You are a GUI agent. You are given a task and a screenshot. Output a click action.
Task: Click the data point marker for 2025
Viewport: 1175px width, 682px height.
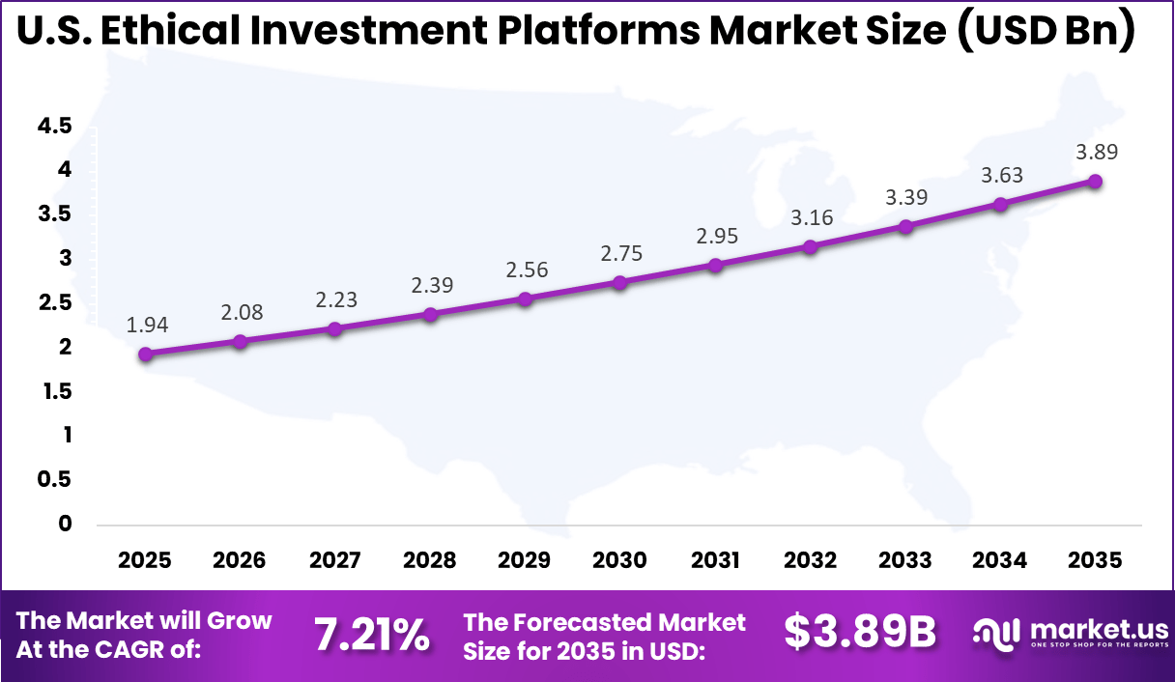[x=145, y=355]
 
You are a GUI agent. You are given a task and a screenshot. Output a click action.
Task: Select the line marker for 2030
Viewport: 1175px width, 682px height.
[x=620, y=282]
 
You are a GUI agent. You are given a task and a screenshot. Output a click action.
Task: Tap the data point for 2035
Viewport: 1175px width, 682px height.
[x=1096, y=182]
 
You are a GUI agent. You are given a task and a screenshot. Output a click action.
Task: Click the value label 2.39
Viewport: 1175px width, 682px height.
[x=432, y=285]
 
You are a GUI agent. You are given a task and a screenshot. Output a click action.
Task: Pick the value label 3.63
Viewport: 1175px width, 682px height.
[x=1002, y=175]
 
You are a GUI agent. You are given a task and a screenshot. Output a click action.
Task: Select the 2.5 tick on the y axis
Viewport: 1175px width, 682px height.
[x=55, y=302]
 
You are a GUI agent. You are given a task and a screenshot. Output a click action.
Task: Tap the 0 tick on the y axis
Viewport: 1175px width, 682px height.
[x=66, y=524]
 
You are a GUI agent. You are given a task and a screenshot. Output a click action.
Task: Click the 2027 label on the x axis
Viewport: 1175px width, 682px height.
[x=335, y=560]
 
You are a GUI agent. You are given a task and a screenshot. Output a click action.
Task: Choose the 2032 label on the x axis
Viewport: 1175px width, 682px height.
[x=811, y=560]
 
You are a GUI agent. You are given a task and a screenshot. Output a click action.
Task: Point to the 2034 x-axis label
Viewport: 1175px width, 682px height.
[x=1001, y=560]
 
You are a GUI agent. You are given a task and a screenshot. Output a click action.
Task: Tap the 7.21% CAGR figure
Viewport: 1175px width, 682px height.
[x=371, y=636]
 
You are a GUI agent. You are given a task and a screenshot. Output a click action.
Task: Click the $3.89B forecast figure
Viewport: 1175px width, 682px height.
[x=859, y=633]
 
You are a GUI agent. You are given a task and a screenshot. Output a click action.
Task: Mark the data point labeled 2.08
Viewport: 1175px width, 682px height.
[x=241, y=341]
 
